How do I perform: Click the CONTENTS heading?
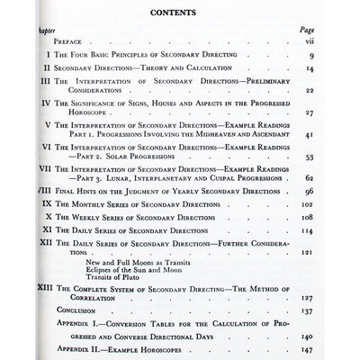point(184,13)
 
